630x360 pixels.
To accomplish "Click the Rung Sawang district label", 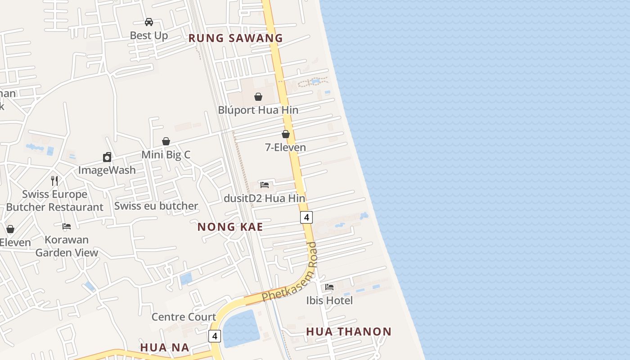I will click(235, 38).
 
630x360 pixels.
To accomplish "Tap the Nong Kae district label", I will click(230, 227).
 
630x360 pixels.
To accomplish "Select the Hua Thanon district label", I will click(349, 332).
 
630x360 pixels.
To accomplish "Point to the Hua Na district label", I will click(165, 347).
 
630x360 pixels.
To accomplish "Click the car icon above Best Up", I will click(149, 22).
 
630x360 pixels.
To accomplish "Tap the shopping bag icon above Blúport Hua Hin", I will click(258, 96).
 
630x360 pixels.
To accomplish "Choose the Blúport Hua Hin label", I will click(258, 110).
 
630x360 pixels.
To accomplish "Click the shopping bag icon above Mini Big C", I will click(166, 141).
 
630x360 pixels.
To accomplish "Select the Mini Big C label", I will click(166, 155).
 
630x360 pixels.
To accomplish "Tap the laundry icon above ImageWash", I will click(107, 157).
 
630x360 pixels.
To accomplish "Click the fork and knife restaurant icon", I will click(54, 181).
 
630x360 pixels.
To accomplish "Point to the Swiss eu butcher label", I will click(156, 206).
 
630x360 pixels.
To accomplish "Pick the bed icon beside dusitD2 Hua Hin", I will click(265, 184).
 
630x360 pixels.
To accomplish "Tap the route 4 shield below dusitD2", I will click(306, 217).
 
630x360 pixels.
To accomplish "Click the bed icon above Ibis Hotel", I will click(329, 287).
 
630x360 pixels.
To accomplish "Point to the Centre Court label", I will click(184, 317).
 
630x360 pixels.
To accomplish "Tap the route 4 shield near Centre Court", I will click(215, 336).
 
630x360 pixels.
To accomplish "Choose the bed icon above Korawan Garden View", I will click(67, 226).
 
